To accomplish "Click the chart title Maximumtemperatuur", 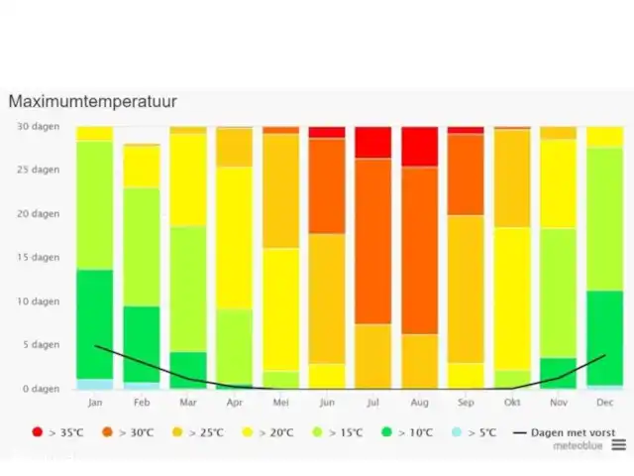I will coord(93,101).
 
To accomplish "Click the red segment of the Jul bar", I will coord(373,142).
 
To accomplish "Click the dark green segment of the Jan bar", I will coord(95,324).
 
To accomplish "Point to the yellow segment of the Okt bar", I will coord(512,298).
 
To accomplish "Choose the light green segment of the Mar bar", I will coord(187,289).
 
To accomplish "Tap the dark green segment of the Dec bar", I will coord(604,337).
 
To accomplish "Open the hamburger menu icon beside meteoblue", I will coord(618,446).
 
